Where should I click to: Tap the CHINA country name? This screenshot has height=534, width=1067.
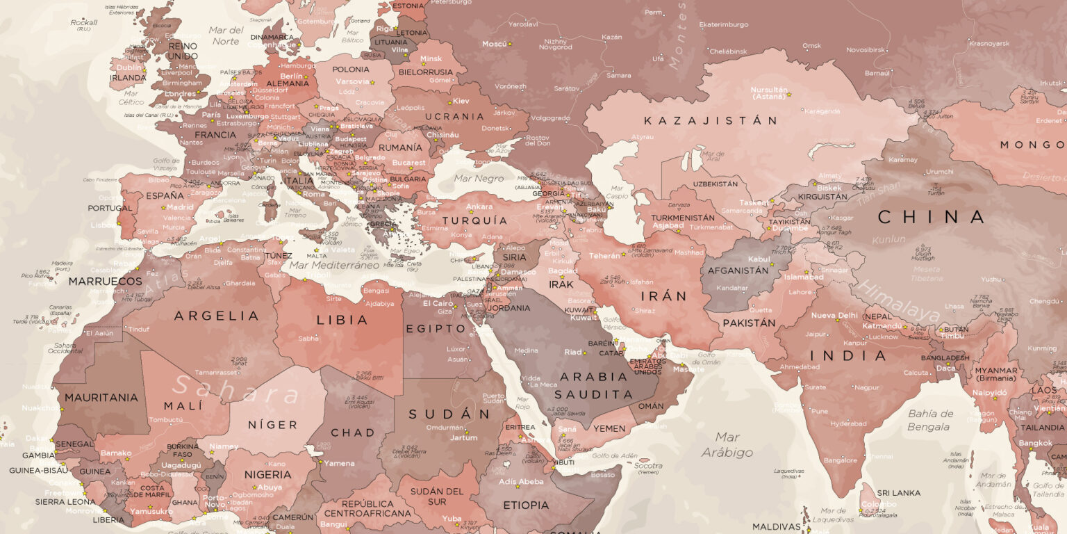point(931,217)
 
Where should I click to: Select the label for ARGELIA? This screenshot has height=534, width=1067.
point(206,316)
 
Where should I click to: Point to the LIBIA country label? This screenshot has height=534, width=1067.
point(342,320)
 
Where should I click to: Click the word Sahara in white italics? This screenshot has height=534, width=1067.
point(236,391)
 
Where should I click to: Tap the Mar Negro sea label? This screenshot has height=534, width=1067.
point(479,179)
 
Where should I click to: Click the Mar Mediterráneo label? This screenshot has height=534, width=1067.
point(334,265)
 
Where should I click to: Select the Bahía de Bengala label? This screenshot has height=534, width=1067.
point(930,419)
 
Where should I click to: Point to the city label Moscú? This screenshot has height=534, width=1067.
point(495,44)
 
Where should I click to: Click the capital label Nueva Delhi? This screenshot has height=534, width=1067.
point(834,315)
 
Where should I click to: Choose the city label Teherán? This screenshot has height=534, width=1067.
point(604,256)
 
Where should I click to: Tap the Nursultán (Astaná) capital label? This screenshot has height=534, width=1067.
point(769,94)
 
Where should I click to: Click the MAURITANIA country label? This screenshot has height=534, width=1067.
point(101,398)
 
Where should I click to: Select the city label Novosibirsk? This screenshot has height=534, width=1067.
point(866,50)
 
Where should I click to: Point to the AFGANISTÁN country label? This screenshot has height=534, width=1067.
point(738,270)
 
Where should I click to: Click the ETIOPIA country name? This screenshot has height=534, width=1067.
point(526,505)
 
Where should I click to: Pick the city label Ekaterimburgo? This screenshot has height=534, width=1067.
point(723,24)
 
